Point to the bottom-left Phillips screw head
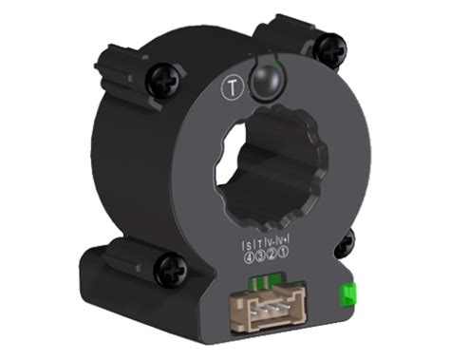pos(171,269)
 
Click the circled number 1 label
pos(282,251)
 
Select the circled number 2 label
pos(271,251)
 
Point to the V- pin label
pos(271,240)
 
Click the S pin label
pos(248,240)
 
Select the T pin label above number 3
pos(259,240)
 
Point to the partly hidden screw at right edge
pos(346,242)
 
